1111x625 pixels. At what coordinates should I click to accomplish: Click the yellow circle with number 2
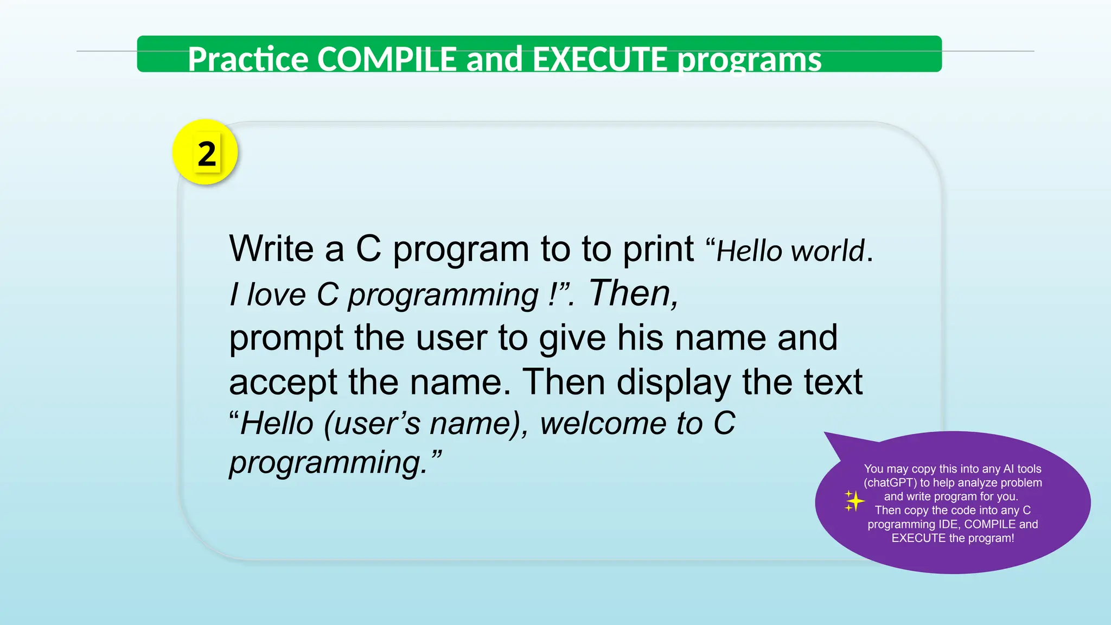(205, 152)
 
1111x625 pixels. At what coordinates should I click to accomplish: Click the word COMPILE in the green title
(386, 59)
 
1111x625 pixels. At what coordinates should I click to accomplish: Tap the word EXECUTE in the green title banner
(599, 59)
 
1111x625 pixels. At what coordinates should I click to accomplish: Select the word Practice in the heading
(248, 59)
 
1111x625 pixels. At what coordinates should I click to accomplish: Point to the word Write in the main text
(271, 248)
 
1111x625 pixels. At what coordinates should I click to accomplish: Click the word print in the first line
(657, 250)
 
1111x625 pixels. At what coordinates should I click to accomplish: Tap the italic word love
(277, 295)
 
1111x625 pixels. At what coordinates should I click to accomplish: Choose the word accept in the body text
(283, 382)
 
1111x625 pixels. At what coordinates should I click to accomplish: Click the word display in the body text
(673, 383)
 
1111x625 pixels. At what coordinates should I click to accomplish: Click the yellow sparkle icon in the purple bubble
(853, 501)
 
